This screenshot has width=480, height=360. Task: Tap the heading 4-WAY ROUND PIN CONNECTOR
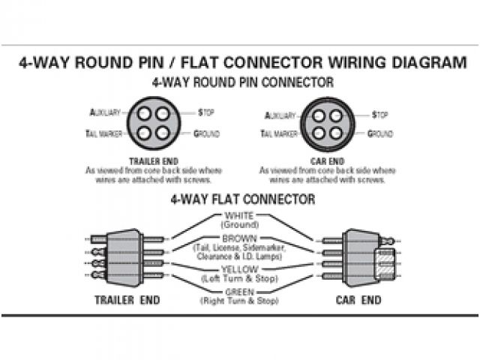tap(242, 82)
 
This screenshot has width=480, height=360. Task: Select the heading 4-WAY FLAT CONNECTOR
tap(242, 199)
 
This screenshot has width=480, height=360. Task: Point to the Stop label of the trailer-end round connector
tap(206, 112)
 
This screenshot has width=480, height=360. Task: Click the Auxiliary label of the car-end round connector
tap(281, 115)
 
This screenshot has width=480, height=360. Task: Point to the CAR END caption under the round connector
tap(327, 160)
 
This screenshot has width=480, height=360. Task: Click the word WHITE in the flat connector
tap(239, 216)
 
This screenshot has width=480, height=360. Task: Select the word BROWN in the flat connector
tap(239, 238)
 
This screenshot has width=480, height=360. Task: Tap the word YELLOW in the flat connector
tap(239, 269)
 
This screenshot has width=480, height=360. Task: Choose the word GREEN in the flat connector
tap(239, 292)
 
